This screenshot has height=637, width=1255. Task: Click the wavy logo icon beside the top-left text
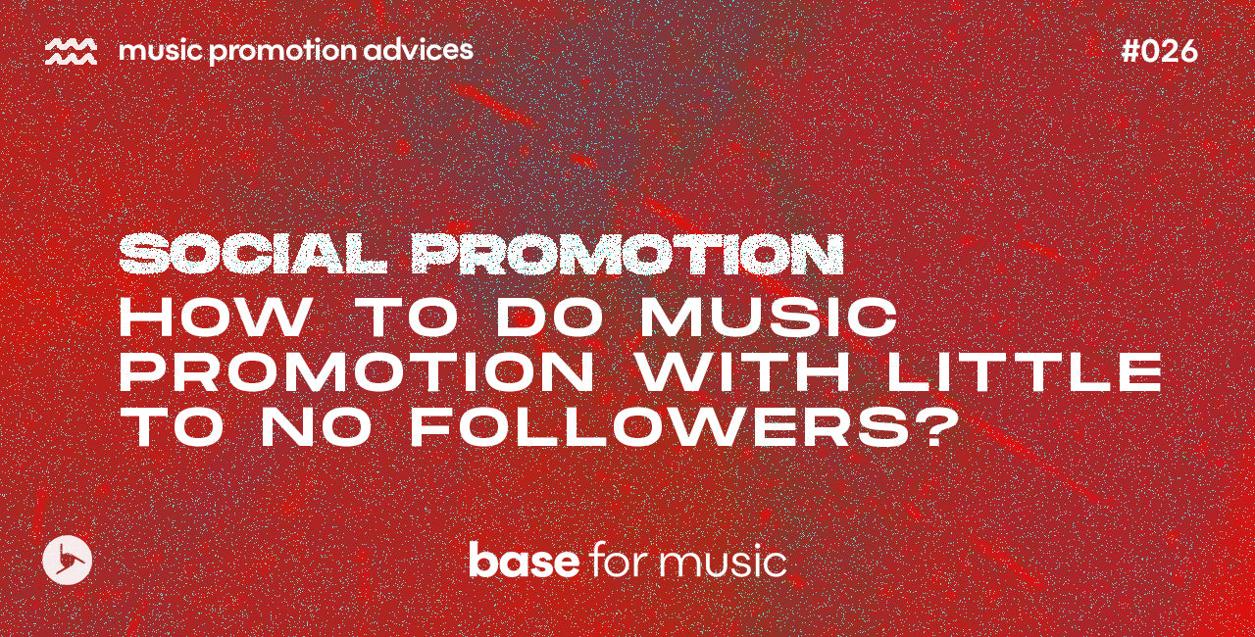click(x=71, y=52)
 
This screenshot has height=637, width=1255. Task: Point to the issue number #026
click(x=1159, y=52)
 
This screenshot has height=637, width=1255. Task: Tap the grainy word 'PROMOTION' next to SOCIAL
click(x=627, y=254)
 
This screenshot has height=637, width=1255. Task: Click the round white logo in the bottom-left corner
click(x=68, y=562)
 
